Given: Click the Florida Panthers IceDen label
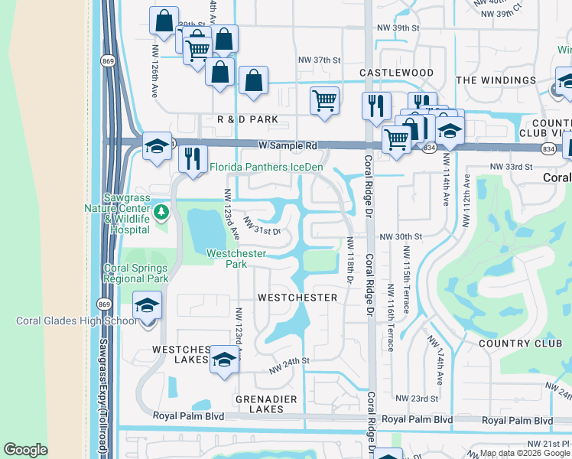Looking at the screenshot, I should click(267, 167).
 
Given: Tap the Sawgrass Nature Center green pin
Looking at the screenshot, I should click(161, 211).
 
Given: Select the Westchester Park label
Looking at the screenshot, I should click(236, 259).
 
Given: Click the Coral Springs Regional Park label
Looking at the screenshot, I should click(136, 273).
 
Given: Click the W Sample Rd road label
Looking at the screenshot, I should click(287, 145).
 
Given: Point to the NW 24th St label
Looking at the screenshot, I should click(288, 365).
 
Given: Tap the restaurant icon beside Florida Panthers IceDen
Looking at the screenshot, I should click(193, 159).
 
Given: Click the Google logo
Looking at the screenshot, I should click(25, 451).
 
